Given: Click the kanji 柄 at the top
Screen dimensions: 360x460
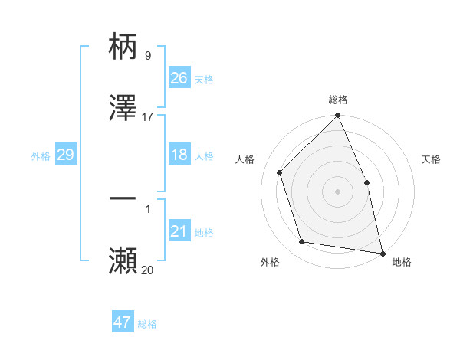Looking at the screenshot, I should tap(123, 47).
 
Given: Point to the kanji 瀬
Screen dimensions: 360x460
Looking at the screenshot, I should tap(123, 260).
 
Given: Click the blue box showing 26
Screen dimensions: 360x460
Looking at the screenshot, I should tap(179, 78).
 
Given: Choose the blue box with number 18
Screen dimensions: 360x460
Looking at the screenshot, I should tap(179, 155).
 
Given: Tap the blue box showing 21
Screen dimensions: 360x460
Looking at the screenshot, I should tap(179, 231).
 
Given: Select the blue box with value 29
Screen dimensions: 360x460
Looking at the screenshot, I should tap(65, 155).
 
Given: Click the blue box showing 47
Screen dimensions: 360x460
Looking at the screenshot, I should tap(123, 322).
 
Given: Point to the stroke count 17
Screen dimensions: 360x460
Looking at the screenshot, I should tap(148, 117).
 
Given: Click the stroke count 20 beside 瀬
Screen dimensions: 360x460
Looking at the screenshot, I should tap(148, 270).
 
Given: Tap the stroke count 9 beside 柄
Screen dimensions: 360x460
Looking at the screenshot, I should tap(148, 56).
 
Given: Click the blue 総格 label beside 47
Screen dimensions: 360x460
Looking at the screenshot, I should tap(147, 324).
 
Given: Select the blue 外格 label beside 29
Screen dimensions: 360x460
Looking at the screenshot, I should tap(41, 155).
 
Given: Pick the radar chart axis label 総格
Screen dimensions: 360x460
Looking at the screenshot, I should tap(338, 100).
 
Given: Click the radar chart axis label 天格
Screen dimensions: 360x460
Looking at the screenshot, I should tap(432, 159).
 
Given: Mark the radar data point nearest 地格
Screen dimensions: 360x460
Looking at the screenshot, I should tap(383, 252).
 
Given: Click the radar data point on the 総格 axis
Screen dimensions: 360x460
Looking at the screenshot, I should tap(338, 116).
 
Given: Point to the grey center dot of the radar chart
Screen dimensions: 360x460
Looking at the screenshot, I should tap(338, 191).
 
